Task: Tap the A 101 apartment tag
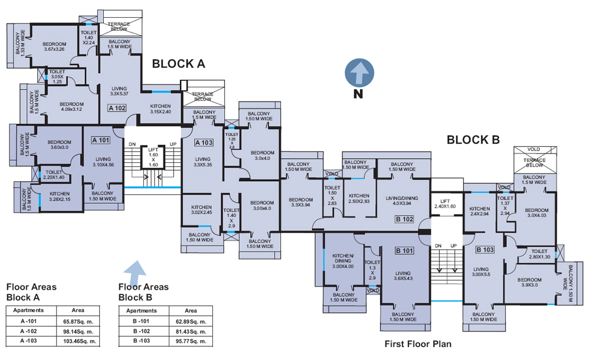[x=101, y=140]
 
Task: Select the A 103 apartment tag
[x=203, y=142]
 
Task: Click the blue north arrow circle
[x=359, y=73]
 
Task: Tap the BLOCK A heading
[x=178, y=64]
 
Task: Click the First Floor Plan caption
[x=418, y=344]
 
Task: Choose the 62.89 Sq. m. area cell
[x=190, y=320]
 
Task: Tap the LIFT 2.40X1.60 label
[x=445, y=203]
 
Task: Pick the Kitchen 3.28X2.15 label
[x=60, y=197]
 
